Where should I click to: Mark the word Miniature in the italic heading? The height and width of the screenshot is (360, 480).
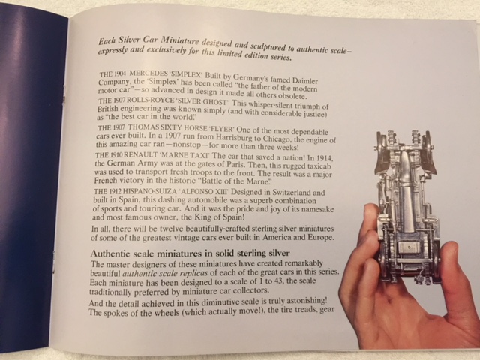180,40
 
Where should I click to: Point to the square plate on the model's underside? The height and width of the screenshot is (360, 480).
409,247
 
